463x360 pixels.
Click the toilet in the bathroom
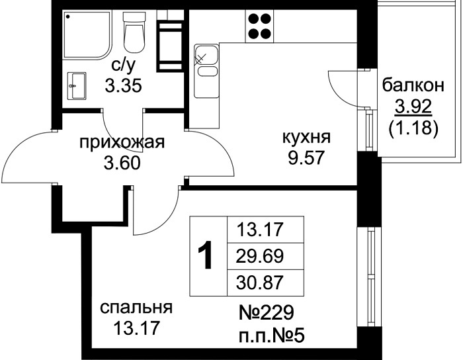[x=134, y=32]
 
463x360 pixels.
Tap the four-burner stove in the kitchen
[x=259, y=26]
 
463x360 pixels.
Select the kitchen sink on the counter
[x=206, y=71]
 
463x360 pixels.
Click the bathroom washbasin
[x=77, y=86]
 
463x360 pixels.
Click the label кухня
[x=306, y=138]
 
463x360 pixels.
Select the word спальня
[x=136, y=308]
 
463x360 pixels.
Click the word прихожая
[x=122, y=143]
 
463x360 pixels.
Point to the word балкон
[x=413, y=85]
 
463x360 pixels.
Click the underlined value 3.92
[x=413, y=107]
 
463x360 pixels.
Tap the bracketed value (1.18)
[x=413, y=128]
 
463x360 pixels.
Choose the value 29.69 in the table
[x=260, y=256]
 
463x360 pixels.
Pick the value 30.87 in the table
[x=260, y=283]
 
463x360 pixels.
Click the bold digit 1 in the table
[x=205, y=255]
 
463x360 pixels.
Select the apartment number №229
[x=267, y=313]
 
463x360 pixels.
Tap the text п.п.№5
[x=271, y=336]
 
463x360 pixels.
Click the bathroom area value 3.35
[x=124, y=86]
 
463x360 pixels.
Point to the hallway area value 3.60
[x=122, y=163]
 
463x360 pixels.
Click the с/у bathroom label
[x=124, y=66]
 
